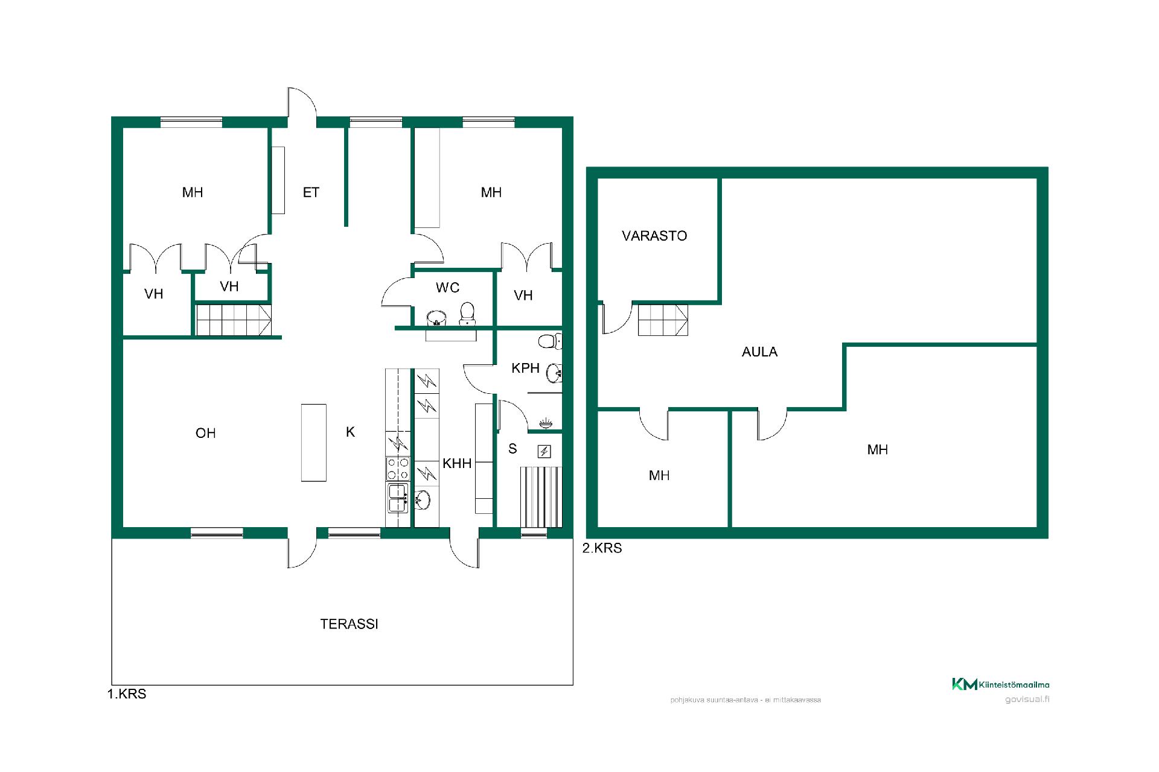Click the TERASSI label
tap(349, 624)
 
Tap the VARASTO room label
tap(654, 236)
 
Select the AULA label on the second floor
tap(759, 352)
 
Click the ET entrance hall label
tap(311, 192)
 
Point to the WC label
tap(448, 288)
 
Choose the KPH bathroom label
tap(525, 368)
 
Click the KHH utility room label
tap(457, 463)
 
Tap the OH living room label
tap(205, 433)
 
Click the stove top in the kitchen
tap(398, 469)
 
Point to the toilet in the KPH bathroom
tap(549, 342)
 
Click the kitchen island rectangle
tap(314, 443)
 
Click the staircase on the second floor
tap(663, 320)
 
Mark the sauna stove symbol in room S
tap(544, 452)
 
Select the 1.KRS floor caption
tap(127, 694)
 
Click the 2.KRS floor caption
tap(602, 548)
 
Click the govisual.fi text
tap(1027, 700)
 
